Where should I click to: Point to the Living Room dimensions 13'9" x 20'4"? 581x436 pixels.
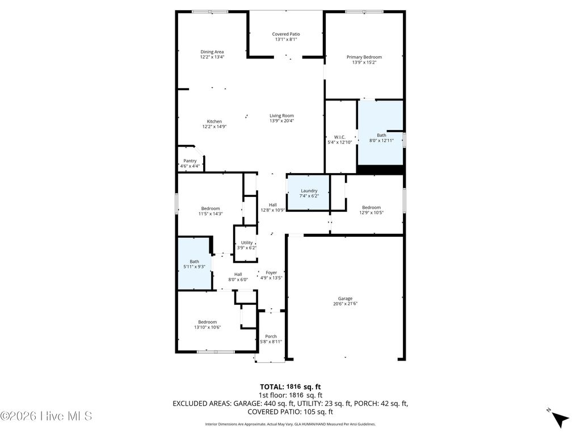pyautogui.click(x=281, y=120)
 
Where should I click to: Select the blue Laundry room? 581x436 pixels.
pyautogui.click(x=309, y=193)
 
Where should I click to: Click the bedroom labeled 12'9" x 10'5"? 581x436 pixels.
pyautogui.click(x=371, y=210)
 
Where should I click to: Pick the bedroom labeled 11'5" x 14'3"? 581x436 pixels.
pyautogui.click(x=210, y=211)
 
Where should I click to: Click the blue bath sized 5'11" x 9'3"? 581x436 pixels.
pyautogui.click(x=195, y=264)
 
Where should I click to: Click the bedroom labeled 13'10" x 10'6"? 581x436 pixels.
pyautogui.click(x=207, y=324)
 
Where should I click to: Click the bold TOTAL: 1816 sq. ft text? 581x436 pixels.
pyautogui.click(x=290, y=387)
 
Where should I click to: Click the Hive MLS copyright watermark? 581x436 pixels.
pyautogui.click(x=47, y=416)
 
